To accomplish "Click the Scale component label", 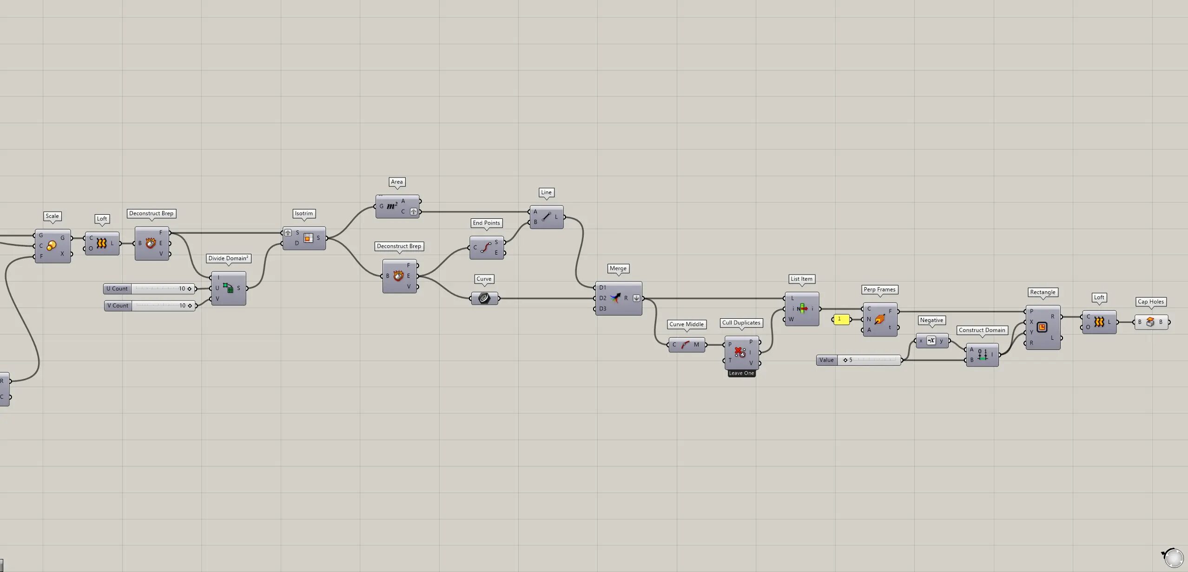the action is [52, 216].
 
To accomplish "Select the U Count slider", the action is [149, 289].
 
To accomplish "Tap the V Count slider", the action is [150, 306].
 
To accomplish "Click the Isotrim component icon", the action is [308, 238].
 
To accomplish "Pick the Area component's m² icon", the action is [392, 206].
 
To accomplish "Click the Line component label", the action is [546, 192].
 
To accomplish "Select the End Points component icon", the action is [486, 248].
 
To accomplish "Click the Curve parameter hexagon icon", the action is [484, 298].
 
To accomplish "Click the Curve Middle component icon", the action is [685, 345].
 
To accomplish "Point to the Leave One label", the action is [741, 373].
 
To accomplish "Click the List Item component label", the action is [801, 279].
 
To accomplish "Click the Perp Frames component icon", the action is [879, 320].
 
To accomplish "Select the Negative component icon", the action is [931, 341].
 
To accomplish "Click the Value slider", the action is [858, 360].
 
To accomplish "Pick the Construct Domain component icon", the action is [982, 355].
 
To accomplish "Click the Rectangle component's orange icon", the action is [1042, 328].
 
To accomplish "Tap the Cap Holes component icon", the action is [1150, 322].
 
